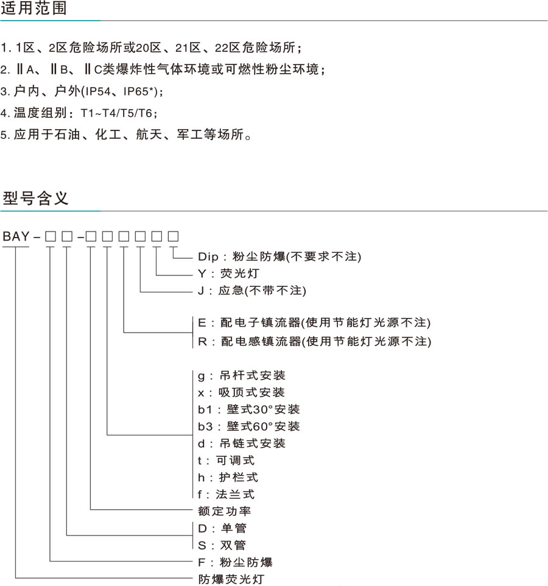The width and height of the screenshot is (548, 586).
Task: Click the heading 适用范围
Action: click(x=33, y=8)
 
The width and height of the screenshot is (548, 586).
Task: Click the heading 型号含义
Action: click(x=35, y=198)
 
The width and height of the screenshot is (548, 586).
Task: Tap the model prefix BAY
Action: click(x=16, y=236)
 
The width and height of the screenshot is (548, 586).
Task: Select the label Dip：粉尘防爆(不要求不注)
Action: click(x=279, y=256)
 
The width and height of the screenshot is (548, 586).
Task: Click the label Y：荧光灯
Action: click(x=228, y=274)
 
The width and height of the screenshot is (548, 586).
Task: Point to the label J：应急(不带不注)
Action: click(x=251, y=291)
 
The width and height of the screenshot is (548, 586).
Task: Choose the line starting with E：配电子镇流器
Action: click(x=314, y=322)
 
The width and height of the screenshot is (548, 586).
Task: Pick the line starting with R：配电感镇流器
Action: click(x=315, y=341)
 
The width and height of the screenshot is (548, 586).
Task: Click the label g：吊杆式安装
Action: click(x=241, y=375)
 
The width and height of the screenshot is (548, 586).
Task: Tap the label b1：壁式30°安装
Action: click(x=249, y=409)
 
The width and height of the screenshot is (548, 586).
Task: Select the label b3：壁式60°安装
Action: click(x=249, y=426)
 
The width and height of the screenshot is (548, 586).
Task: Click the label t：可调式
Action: click(x=226, y=461)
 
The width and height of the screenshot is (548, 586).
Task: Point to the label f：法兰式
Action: click(x=226, y=495)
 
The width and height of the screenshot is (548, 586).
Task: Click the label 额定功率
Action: click(x=224, y=511)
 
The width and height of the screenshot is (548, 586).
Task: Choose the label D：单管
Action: click(x=222, y=529)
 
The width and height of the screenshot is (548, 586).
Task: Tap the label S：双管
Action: click(x=222, y=545)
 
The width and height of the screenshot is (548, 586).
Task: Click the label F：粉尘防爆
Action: click(x=235, y=562)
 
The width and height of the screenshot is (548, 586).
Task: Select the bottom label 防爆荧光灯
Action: click(x=231, y=579)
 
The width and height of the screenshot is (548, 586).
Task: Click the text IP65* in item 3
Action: click(x=139, y=91)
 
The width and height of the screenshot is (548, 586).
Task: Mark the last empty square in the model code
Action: click(x=173, y=236)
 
